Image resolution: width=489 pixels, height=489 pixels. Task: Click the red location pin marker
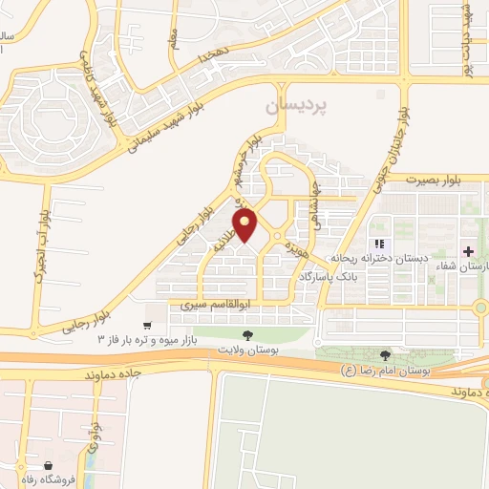coord(246,226)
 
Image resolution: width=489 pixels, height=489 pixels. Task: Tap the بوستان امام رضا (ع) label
coord(389,369)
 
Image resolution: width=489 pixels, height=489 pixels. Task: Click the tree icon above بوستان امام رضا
coord(386,354)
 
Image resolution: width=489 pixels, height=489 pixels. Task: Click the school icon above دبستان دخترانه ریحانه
coord(380,244)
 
